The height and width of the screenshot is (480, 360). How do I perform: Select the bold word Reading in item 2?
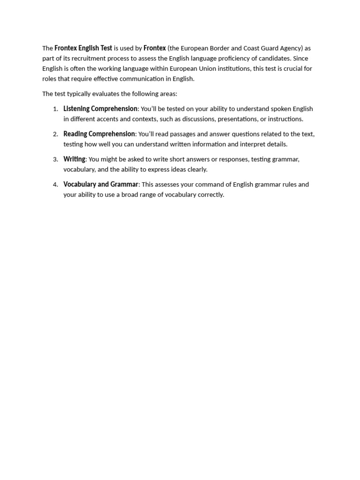pyautogui.click(x=75, y=134)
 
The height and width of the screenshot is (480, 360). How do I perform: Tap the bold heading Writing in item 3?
pyautogui.click(x=74, y=159)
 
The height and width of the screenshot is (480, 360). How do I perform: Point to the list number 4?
pyautogui.click(x=55, y=185)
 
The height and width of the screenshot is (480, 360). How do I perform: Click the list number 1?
pyautogui.click(x=55, y=109)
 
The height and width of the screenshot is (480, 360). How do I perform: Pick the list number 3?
pyautogui.click(x=55, y=159)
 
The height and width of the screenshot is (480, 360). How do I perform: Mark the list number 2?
pyautogui.click(x=55, y=134)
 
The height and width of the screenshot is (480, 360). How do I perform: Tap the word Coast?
pyautogui.click(x=252, y=48)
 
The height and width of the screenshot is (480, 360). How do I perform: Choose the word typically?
pyautogui.click(x=80, y=94)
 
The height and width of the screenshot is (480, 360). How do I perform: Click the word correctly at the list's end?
pyautogui.click(x=211, y=195)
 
